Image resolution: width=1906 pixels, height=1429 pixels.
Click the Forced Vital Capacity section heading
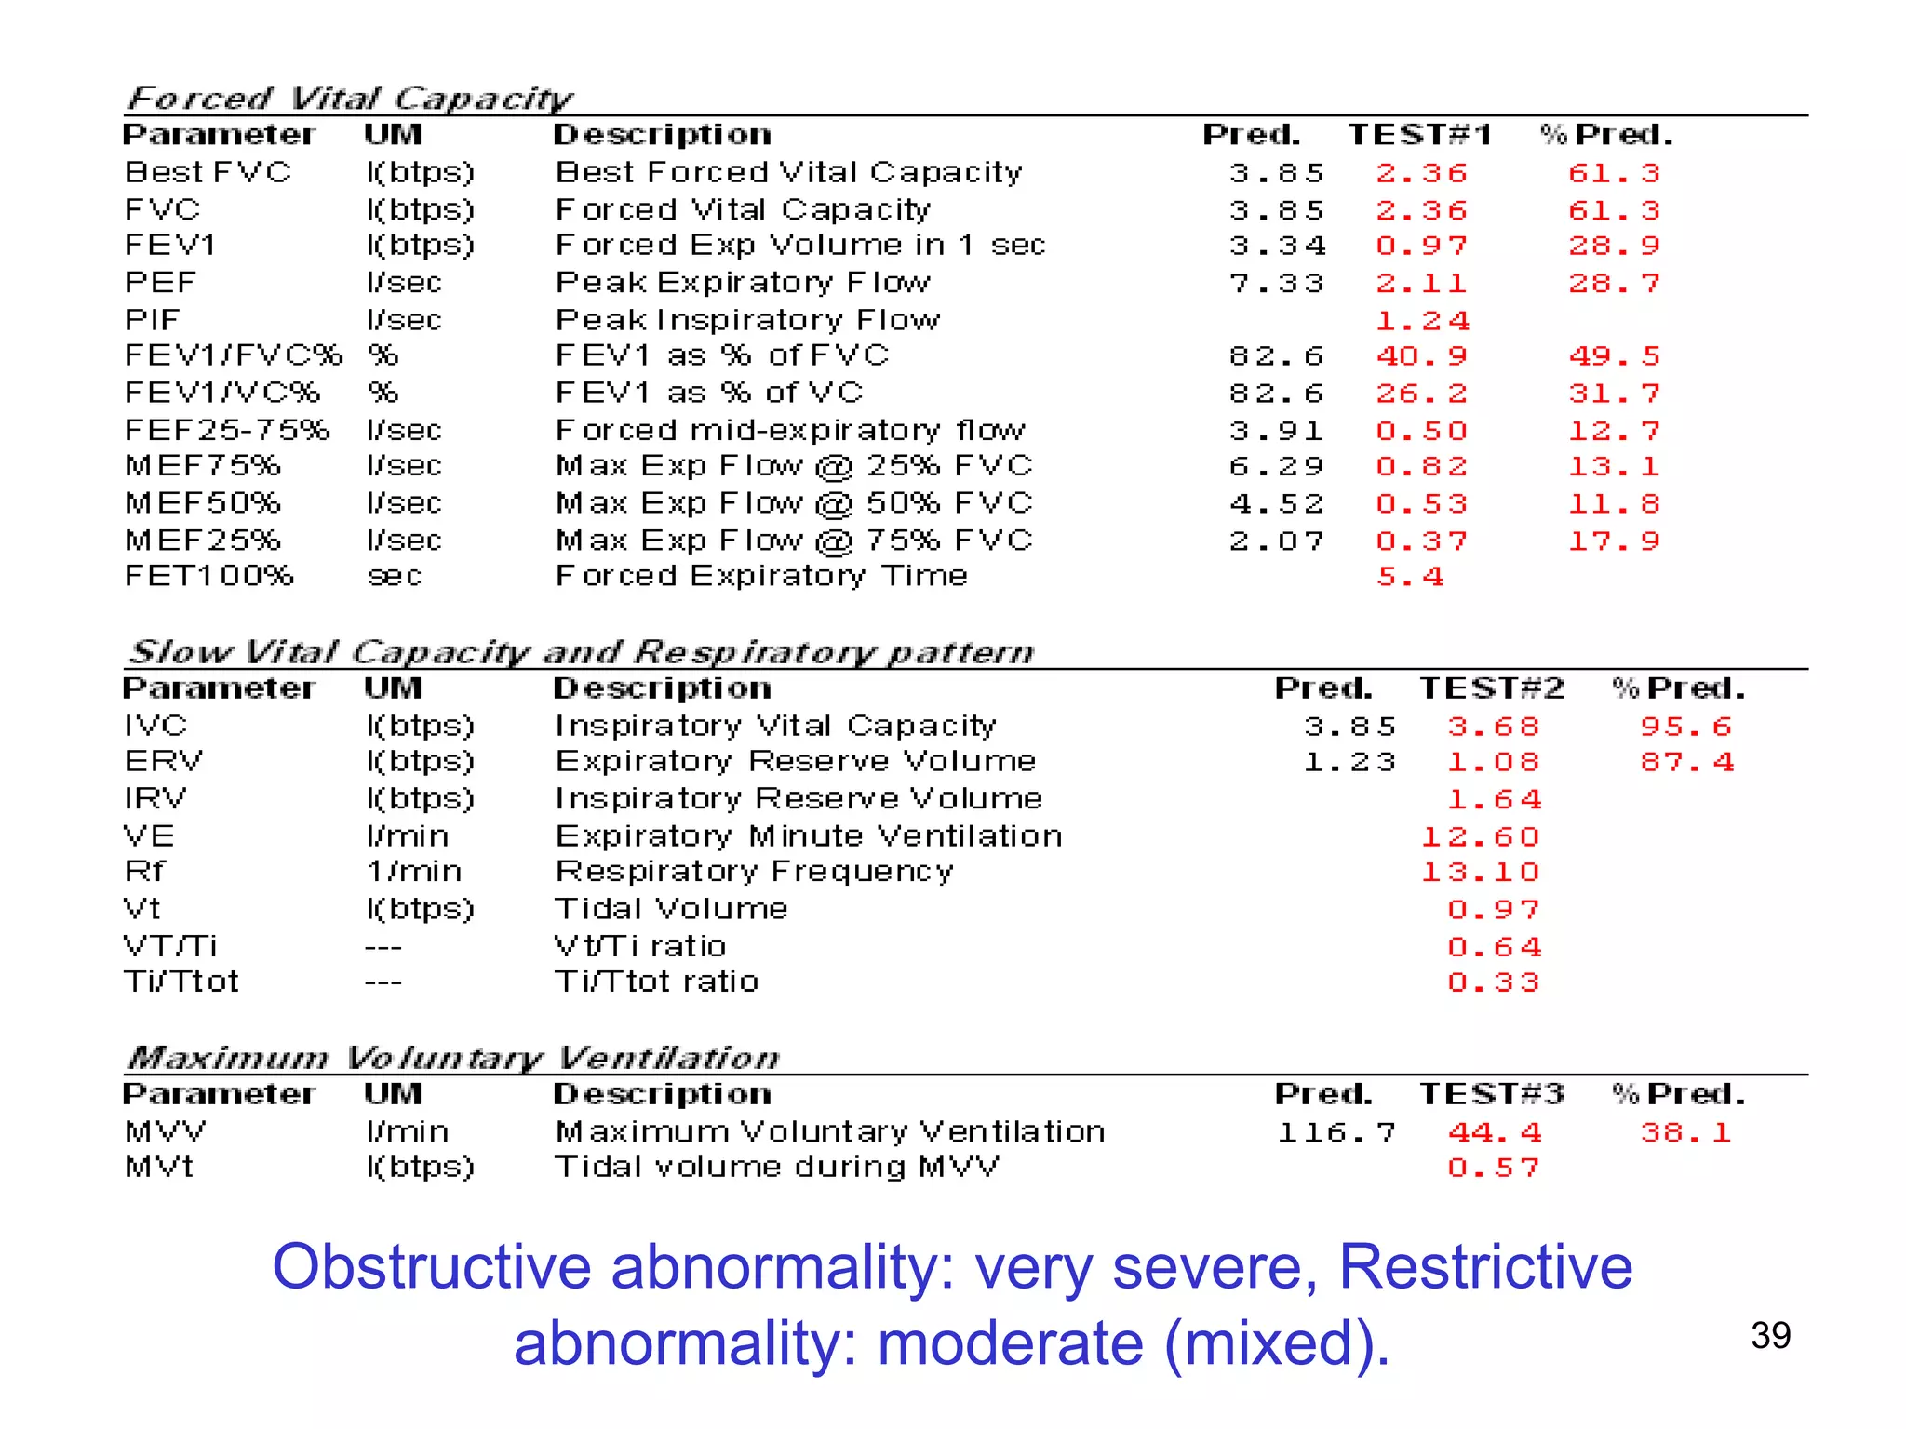pyautogui.click(x=349, y=98)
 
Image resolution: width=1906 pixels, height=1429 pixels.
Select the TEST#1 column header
pyautogui.click(x=1420, y=135)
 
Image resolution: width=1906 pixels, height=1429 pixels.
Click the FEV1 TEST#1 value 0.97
pyautogui.click(x=1421, y=246)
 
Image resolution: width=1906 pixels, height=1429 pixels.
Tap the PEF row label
pyautogui.click(x=160, y=282)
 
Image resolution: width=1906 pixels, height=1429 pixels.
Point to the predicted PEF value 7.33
pyautogui.click(x=1276, y=283)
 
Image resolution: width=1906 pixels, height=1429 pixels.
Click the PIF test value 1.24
pyautogui.click(x=1422, y=321)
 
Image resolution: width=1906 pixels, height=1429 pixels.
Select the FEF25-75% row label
pyautogui.click(x=227, y=430)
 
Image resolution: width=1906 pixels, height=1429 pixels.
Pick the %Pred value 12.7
pyautogui.click(x=1614, y=431)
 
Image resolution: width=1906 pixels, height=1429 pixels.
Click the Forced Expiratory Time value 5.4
pyautogui.click(x=1410, y=577)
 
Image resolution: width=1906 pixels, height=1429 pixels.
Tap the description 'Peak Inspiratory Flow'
pyautogui.click(x=747, y=320)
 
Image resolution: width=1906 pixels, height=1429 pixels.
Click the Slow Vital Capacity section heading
pyautogui.click(x=581, y=651)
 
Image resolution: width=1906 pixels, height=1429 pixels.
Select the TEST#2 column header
pyautogui.click(x=1492, y=688)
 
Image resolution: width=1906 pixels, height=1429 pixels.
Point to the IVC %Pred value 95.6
pyautogui.click(x=1685, y=727)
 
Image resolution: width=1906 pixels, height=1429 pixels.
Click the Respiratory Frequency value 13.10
pyautogui.click(x=1480, y=873)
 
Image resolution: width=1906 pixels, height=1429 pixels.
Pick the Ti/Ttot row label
pyautogui.click(x=181, y=982)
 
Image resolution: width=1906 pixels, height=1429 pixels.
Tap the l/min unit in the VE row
pyautogui.click(x=407, y=836)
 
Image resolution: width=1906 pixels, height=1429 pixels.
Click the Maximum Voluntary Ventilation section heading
pyautogui.click(x=452, y=1058)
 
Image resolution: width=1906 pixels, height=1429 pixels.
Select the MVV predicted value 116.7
pyautogui.click(x=1336, y=1132)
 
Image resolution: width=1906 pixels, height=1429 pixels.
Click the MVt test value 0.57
pyautogui.click(x=1493, y=1168)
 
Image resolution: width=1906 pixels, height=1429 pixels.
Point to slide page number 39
pyautogui.click(x=1770, y=1336)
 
